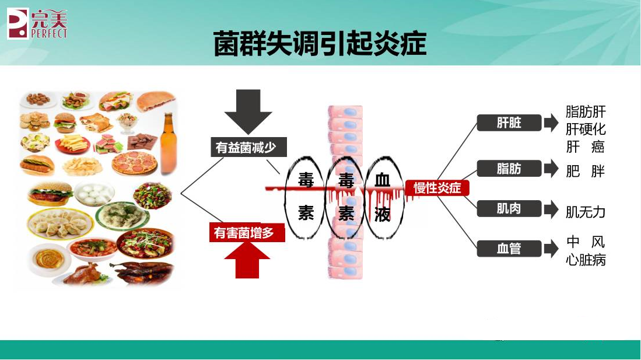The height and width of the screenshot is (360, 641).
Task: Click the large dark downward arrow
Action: point(248,111)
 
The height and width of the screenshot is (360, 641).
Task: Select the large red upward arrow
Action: point(247,260)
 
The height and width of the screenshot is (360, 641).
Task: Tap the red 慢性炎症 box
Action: point(437,188)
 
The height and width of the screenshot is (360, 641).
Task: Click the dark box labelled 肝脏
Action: point(509,123)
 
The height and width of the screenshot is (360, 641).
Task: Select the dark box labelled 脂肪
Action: point(509,169)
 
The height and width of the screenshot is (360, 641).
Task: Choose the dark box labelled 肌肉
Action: point(509,208)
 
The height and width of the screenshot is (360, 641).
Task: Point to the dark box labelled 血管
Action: point(509,249)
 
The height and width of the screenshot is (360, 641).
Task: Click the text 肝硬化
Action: point(586,128)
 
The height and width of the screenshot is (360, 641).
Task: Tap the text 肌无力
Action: point(586,212)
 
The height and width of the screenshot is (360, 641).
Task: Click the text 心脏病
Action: point(586,260)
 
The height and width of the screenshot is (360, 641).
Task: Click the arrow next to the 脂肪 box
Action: point(551,169)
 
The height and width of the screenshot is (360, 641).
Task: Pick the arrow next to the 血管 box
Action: point(551,249)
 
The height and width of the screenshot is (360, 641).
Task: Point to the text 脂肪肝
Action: point(586,111)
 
